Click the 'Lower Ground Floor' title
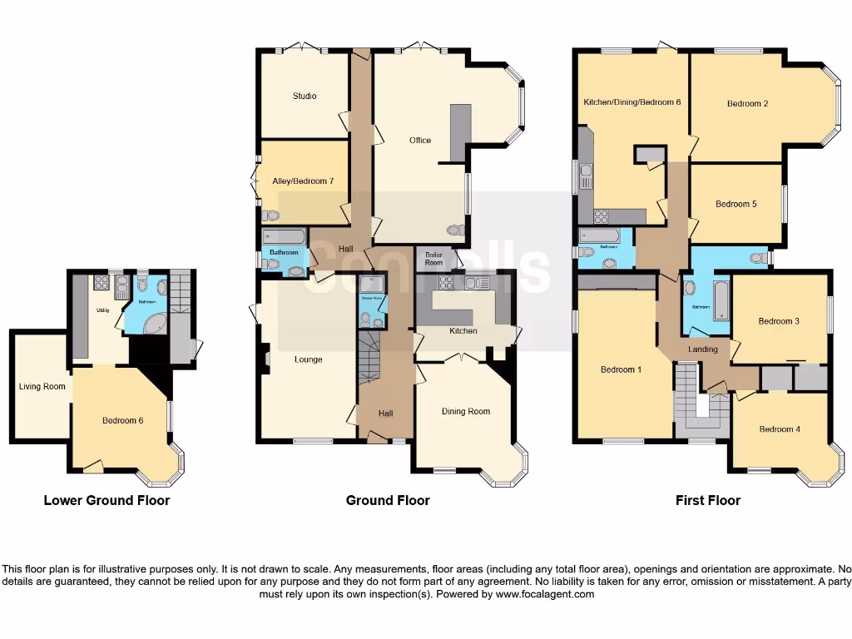point(106,500)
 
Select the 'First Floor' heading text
point(707,500)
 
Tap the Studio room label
point(305,96)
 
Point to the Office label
point(420,140)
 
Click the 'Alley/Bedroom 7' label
point(303,181)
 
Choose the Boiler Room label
point(434,258)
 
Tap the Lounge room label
point(308,359)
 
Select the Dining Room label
point(465,411)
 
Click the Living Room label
point(42,386)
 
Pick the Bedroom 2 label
point(747,104)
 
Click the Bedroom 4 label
point(780,428)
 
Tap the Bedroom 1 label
point(621,369)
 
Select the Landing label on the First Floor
point(702,349)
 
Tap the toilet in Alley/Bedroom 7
point(270,215)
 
